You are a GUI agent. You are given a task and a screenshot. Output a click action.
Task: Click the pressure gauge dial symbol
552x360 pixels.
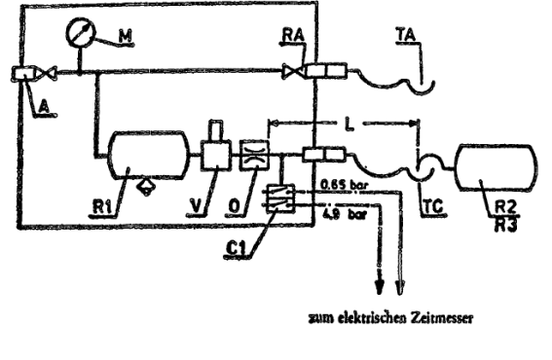pos(81,33)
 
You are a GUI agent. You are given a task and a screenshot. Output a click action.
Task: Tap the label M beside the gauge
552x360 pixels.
pos(125,36)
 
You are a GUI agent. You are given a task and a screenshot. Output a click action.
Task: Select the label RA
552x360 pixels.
pos(293,35)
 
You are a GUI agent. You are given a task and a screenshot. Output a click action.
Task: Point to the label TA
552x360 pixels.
pos(406,35)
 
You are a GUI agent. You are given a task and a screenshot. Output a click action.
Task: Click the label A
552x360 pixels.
pos(44,106)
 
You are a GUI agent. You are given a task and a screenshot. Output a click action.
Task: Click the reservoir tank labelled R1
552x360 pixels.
pos(149,155)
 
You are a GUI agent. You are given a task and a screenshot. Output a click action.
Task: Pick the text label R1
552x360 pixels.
pos(102,207)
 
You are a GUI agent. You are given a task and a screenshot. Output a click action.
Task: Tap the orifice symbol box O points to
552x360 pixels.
pos(254,155)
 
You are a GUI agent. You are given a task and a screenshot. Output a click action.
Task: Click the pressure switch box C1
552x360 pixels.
pos(280,198)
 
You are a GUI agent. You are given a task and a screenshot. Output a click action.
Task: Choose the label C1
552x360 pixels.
pos(236,249)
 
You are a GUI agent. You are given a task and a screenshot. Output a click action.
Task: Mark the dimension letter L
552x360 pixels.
pos(349,125)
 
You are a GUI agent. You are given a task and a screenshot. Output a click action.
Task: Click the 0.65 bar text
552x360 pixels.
pos(344,184)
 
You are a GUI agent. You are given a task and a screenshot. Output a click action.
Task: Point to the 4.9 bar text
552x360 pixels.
pos(344,214)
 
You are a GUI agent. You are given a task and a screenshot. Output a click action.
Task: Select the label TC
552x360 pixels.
pos(432,206)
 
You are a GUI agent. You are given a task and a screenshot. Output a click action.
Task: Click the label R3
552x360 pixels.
pos(506,225)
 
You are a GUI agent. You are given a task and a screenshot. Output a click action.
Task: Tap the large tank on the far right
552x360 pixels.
pos(497,168)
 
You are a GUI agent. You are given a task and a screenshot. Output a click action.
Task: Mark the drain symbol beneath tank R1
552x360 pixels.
pos(146,186)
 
